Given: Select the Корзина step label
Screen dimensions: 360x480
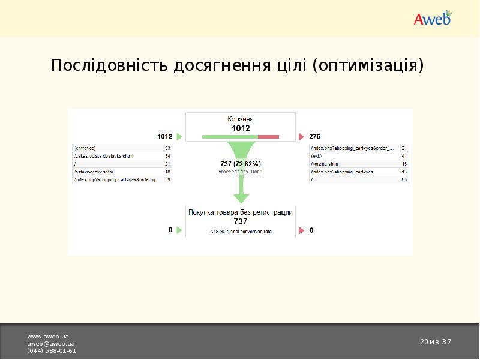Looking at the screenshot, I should click(241, 119).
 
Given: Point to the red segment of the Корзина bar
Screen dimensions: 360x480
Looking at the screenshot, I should click(268, 137).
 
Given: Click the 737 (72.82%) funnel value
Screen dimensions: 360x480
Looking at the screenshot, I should click(241, 163).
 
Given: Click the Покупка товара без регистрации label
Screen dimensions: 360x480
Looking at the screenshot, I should click(241, 212).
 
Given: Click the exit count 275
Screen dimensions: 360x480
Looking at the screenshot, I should click(315, 136).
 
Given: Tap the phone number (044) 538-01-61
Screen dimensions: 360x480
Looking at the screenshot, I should click(52, 350).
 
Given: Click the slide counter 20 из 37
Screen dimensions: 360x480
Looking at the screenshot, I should click(436, 342).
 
